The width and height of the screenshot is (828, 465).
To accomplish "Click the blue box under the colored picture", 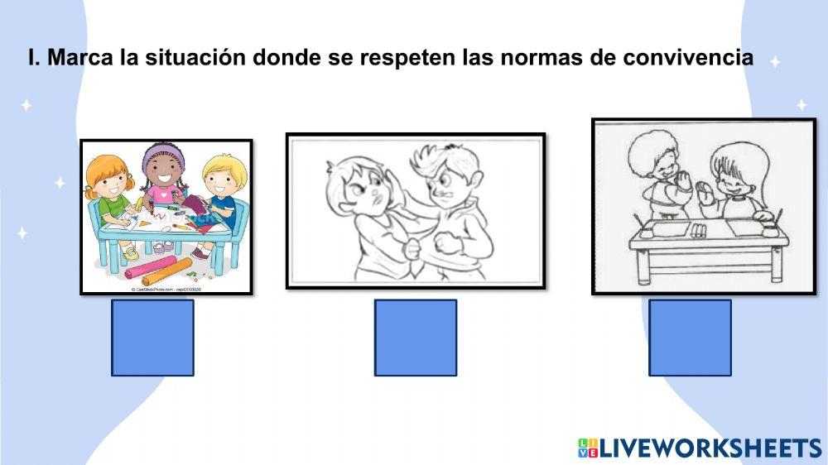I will coord(152,338).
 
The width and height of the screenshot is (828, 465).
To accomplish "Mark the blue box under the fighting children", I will coord(415,338).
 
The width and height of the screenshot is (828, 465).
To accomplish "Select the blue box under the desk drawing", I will coord(690,338).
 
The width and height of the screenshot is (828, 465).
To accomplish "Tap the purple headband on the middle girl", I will coord(161,154).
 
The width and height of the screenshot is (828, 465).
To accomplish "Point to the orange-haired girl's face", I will coord(112,180).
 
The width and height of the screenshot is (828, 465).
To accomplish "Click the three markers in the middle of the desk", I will coord(699,229).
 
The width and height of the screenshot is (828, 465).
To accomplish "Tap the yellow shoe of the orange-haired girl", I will coord(132,253).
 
